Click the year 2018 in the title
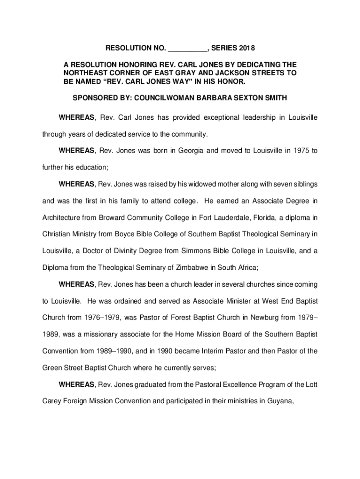247,48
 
